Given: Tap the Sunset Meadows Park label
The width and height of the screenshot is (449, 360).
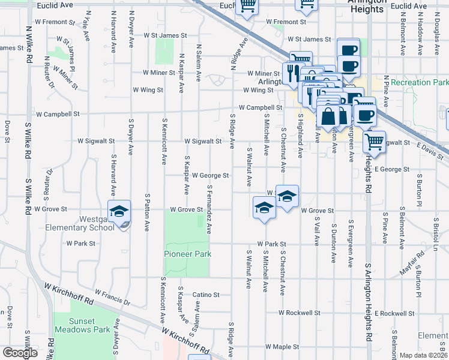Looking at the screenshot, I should click(82, 325).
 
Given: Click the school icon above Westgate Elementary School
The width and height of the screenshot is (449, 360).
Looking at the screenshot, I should click(119, 211).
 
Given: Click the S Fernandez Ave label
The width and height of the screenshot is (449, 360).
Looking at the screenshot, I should click(209, 209).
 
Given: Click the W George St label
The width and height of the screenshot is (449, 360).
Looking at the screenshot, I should click(210, 176).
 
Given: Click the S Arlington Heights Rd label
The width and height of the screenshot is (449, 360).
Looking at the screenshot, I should click(367, 204).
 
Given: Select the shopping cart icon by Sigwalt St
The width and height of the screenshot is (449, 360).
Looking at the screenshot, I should click(374, 142).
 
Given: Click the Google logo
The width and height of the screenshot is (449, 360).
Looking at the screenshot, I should click(20, 353).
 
